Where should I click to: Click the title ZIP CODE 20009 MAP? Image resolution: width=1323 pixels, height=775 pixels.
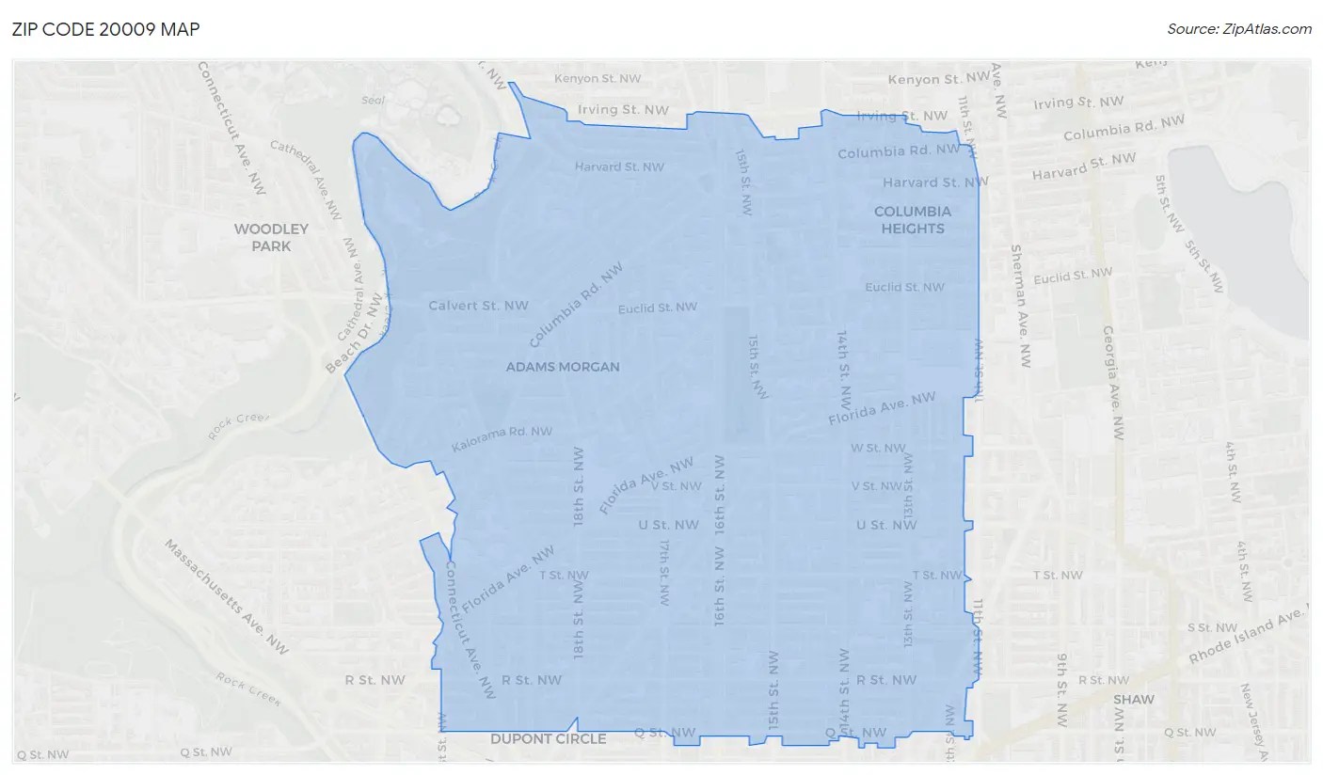pos(105,29)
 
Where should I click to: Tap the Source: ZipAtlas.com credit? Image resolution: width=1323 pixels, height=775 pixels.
pos(1238,29)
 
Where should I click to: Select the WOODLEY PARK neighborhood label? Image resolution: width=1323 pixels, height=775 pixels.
pos(271,237)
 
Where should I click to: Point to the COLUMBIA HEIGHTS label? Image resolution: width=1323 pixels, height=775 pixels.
pos(913,220)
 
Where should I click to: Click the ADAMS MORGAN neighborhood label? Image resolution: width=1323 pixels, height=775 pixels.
pos(563,367)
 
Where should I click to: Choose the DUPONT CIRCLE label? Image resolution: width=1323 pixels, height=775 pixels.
pos(548,739)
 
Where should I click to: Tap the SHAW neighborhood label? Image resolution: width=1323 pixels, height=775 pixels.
pos(1133,700)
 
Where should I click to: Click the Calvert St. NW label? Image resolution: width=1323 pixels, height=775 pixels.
pos(478,306)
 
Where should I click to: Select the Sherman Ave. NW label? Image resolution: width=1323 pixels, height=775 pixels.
pos(1020,305)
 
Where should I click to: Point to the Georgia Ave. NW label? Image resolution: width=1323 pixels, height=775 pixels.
pos(1114,384)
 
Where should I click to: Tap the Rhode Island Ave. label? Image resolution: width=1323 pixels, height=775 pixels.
pos(1249,635)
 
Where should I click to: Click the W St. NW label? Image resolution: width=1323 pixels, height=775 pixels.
pos(878,449)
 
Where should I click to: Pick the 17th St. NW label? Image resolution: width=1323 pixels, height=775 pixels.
pos(664,571)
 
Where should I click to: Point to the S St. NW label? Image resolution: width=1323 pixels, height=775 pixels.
pos(1212,627)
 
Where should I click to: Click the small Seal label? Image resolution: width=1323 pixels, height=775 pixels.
pos(375,101)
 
